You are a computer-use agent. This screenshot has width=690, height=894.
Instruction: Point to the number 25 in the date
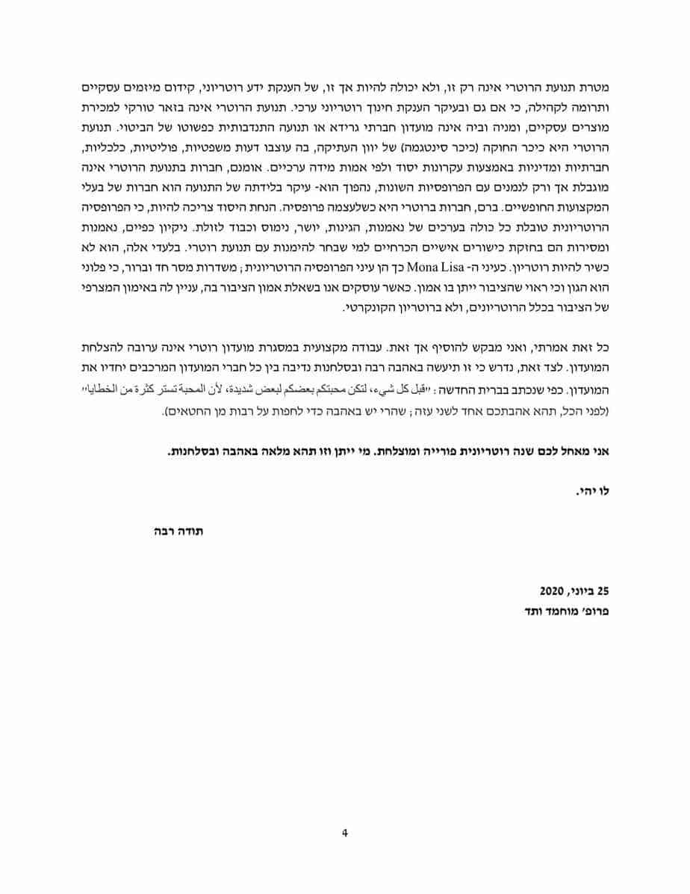click(x=604, y=590)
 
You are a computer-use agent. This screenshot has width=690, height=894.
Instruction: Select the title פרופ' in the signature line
click(x=597, y=611)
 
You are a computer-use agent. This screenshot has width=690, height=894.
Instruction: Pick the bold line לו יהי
click(x=596, y=491)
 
